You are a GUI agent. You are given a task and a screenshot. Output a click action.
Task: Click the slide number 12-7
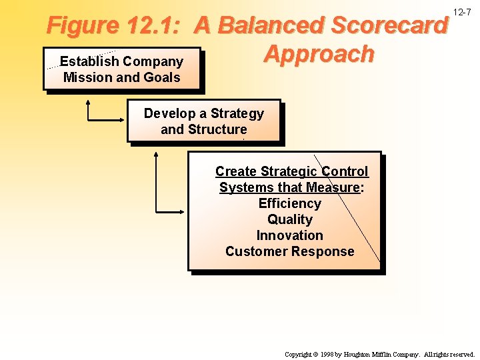[462, 13]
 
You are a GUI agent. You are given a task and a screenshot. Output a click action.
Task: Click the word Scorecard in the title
[389, 26]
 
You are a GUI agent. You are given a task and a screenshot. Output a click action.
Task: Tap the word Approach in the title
[319, 54]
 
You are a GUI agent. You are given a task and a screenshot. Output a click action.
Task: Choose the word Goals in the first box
[162, 77]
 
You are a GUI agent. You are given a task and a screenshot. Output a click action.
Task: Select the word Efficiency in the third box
[290, 203]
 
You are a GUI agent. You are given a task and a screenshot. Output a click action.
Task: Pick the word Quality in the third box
[290, 219]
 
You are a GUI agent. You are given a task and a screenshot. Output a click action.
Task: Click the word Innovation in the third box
[290, 235]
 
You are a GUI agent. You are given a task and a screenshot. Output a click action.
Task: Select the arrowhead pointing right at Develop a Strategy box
[122, 121]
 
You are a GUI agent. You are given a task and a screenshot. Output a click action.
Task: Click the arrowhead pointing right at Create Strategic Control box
[182, 213]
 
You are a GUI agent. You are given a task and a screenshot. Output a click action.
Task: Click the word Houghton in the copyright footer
[361, 355]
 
